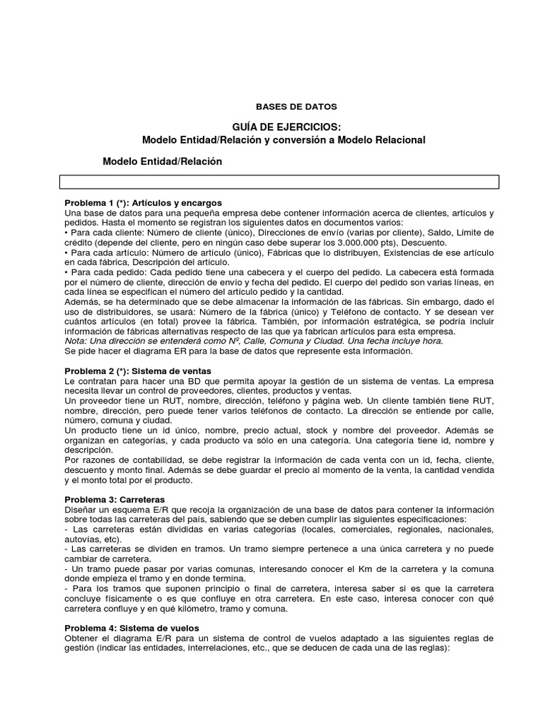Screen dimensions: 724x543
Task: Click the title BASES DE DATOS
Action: [286, 107]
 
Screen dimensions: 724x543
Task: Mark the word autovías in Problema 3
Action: [82, 539]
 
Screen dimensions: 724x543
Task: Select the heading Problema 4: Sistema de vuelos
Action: [132, 628]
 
